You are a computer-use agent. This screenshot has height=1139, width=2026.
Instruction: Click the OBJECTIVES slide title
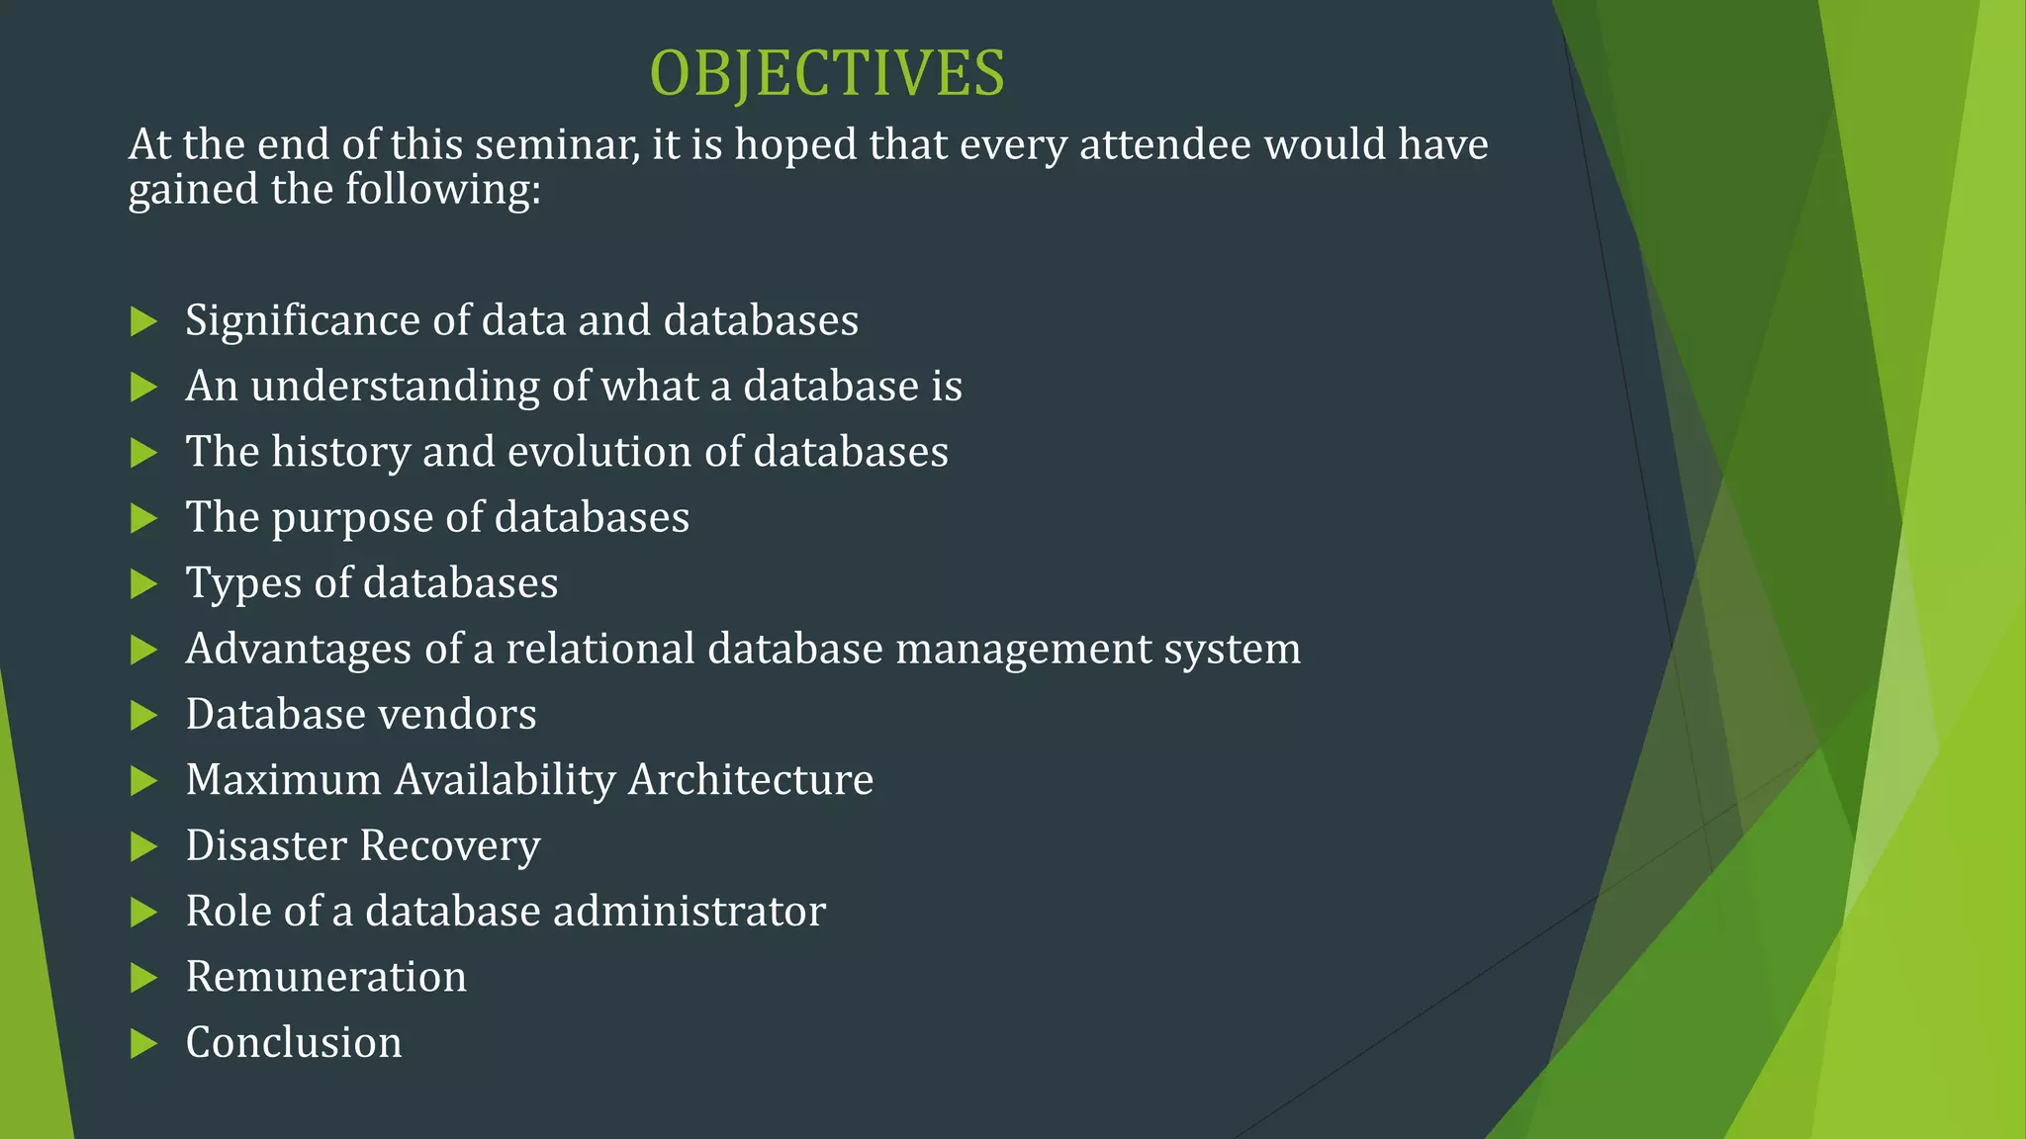tap(827, 74)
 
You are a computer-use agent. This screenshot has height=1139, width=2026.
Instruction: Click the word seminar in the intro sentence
tap(557, 145)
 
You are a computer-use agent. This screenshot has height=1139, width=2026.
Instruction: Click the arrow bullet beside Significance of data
tap(144, 321)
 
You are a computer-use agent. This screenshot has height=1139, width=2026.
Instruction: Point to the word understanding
tap(394, 387)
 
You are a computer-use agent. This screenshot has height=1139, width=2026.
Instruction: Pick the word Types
tap(243, 584)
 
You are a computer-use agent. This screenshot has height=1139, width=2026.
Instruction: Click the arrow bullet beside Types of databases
tap(144, 584)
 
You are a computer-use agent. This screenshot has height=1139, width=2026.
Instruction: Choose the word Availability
tap(505, 780)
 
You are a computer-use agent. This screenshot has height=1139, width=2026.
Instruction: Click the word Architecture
tap(751, 780)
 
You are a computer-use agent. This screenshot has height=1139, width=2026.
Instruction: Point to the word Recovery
tap(450, 846)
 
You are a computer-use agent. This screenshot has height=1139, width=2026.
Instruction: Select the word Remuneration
tap(326, 977)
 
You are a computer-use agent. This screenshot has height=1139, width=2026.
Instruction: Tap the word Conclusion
tap(294, 1043)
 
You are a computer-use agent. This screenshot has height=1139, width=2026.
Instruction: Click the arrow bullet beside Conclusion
tap(144, 1043)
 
